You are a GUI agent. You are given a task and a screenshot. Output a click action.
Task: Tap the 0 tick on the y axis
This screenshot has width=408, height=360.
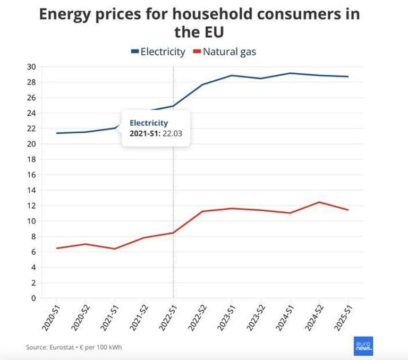(x=33, y=298)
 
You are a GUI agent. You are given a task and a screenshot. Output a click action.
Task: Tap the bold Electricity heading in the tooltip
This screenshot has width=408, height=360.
(x=149, y=123)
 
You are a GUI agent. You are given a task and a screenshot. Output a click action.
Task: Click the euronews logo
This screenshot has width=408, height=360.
(x=363, y=346)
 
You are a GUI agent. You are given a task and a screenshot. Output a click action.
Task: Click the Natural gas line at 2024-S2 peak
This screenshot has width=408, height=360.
(x=319, y=202)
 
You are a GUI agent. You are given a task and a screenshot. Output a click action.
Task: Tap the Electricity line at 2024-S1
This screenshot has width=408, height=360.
(x=290, y=73)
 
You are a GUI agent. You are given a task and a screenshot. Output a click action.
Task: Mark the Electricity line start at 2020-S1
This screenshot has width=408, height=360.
(x=57, y=133)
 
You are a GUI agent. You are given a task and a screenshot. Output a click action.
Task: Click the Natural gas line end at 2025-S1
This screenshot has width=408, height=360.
(x=348, y=210)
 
